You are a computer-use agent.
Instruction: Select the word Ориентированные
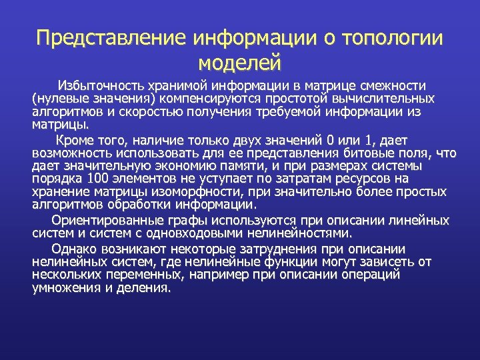pos(106,221)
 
